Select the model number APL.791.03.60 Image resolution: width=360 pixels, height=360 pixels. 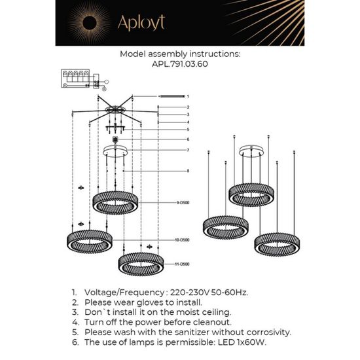coord(179,65)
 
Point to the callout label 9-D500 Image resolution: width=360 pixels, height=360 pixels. coord(181,204)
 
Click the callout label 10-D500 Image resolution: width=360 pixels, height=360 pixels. coord(181,241)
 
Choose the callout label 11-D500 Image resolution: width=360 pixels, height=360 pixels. coord(181,264)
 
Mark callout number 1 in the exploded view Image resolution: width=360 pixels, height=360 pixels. coord(187,96)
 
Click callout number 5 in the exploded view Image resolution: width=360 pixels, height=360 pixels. coord(187,130)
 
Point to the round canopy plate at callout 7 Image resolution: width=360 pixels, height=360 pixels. coord(117,151)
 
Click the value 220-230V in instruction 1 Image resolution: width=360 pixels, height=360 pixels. coord(171,293)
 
